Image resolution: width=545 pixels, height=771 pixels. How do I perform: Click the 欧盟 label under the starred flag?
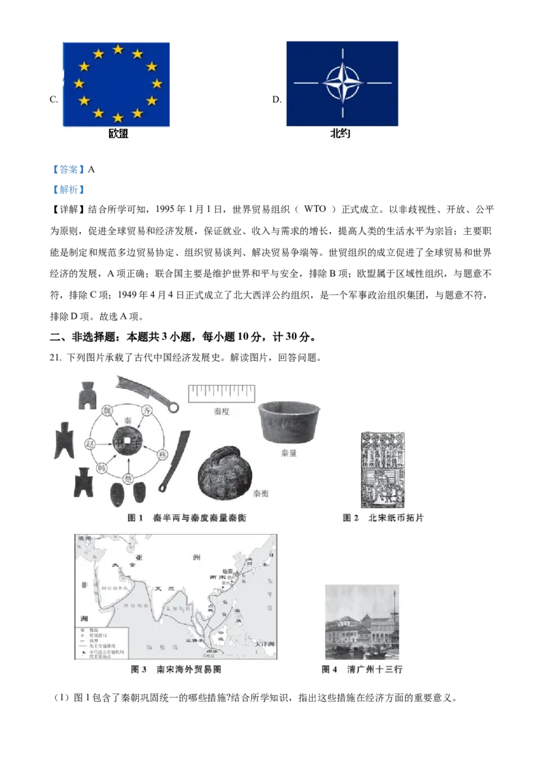[x=118, y=134]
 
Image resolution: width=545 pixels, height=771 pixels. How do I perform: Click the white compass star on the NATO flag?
[x=343, y=83]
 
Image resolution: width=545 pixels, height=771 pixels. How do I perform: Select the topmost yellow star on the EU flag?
[x=118, y=50]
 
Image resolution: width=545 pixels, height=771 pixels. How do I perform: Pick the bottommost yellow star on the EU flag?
[x=118, y=117]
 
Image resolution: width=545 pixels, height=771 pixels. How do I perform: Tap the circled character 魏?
[x=106, y=411]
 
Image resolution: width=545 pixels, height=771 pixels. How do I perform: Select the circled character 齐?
[x=145, y=411]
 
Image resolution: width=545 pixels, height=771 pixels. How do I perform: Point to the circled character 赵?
[x=89, y=443]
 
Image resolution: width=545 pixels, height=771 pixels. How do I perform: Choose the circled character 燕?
[x=162, y=454]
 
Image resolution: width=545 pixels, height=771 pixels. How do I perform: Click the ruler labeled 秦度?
[x=221, y=393]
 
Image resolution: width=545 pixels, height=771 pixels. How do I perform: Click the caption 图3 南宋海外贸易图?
[x=176, y=670]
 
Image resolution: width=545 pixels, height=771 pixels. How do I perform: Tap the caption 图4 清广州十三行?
[x=362, y=670]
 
